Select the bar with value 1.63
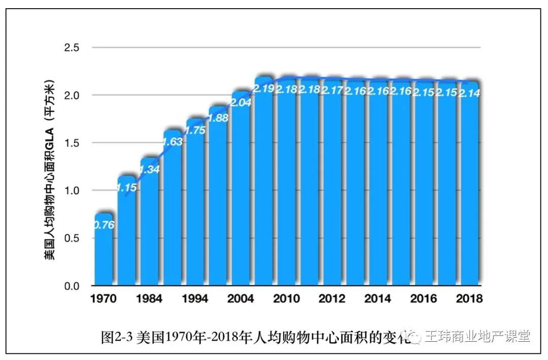(x=173, y=213)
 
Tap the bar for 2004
(x=241, y=193)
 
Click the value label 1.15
(x=126, y=188)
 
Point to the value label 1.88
(x=218, y=118)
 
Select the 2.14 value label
(x=469, y=93)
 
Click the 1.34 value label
(x=150, y=169)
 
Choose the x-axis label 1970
(x=103, y=299)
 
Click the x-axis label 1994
(x=195, y=299)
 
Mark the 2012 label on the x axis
(x=332, y=299)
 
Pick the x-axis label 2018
(x=469, y=299)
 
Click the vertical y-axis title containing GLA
(x=49, y=170)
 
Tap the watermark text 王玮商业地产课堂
(x=477, y=336)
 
